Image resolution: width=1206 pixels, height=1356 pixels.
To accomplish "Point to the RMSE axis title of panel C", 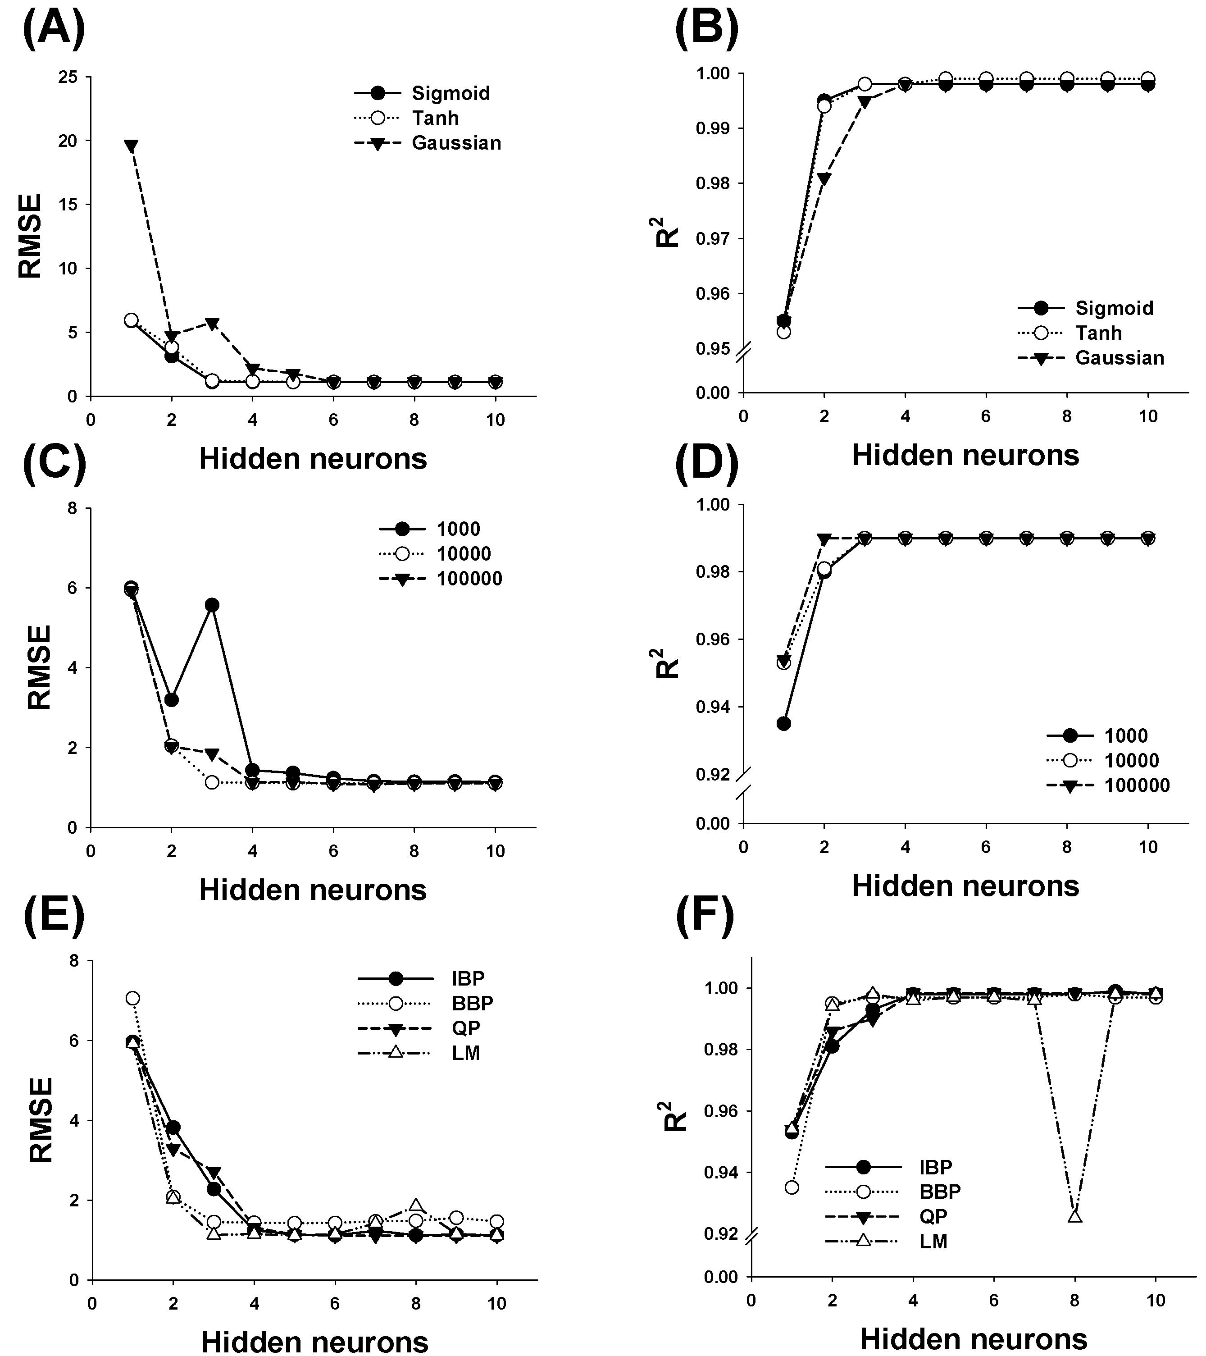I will point(40,667).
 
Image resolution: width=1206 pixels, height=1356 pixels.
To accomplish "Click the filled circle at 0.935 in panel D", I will point(783,723).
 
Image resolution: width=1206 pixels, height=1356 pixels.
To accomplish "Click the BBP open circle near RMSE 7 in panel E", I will point(132,999).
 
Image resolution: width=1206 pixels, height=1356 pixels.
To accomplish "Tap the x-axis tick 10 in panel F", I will point(1155,1301).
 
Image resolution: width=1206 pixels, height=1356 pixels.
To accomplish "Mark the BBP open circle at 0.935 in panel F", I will point(792,1187).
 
